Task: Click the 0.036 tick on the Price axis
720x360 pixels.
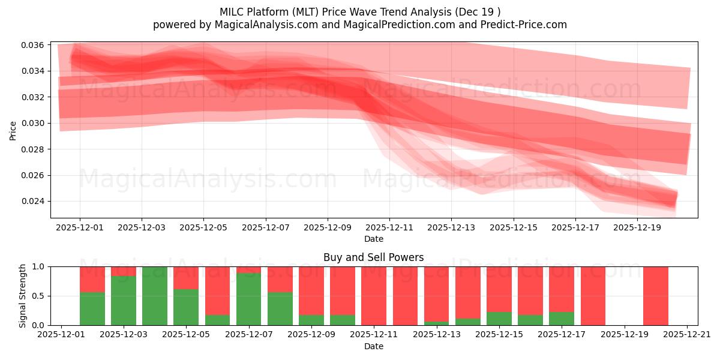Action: coord(34,45)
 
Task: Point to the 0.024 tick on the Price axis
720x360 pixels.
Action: coord(34,201)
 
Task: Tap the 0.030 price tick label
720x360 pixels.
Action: coord(34,123)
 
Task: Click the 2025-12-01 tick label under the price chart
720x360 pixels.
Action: coord(80,228)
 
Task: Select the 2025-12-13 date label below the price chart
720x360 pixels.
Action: coord(451,228)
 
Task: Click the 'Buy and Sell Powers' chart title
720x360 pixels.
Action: coord(373,257)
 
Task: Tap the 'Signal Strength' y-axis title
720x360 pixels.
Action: coord(23,295)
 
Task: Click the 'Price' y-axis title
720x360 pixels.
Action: coord(13,130)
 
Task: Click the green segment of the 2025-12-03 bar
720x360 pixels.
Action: coord(124,300)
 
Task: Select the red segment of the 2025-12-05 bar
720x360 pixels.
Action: coord(186,277)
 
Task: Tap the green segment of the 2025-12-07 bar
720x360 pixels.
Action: coord(248,299)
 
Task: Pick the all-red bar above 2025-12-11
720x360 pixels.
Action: coord(374,296)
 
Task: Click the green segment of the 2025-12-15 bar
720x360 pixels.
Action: coord(499,319)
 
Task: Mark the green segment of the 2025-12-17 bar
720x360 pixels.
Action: coord(562,319)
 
